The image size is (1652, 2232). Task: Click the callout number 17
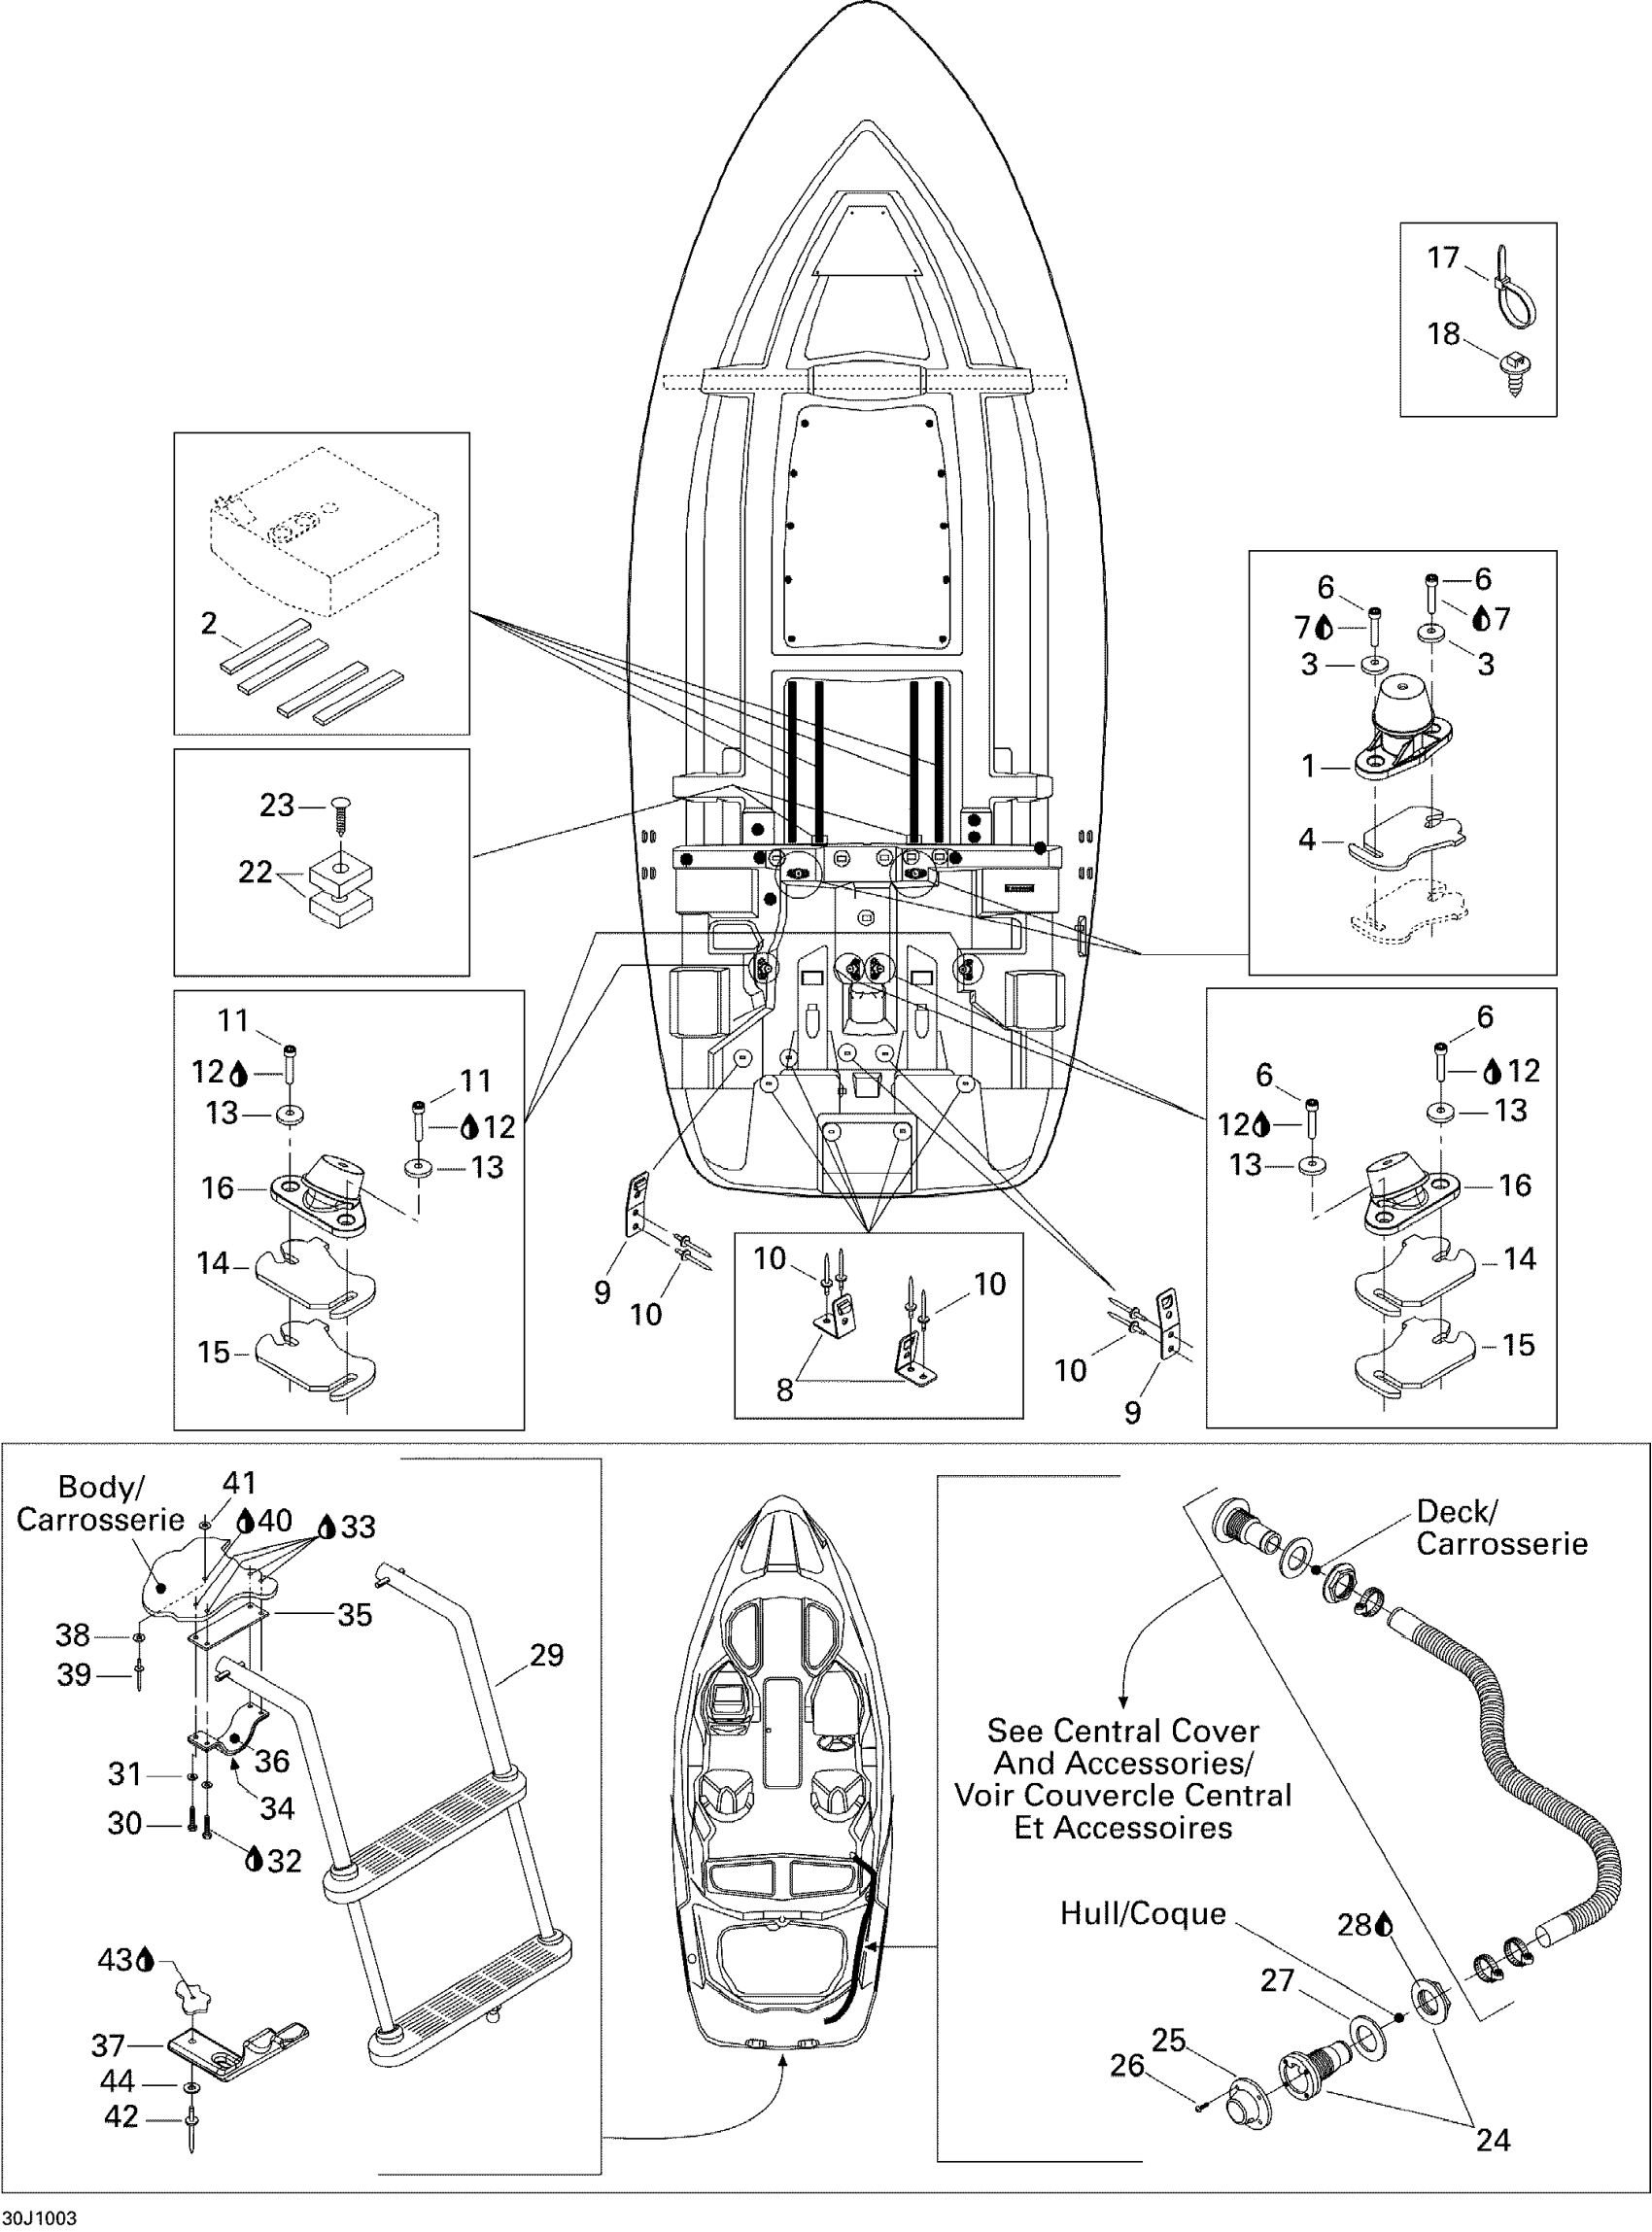coord(1443,258)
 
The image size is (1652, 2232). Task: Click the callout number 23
coord(277,805)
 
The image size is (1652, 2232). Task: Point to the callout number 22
coord(255,872)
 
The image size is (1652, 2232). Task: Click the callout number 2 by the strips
coord(208,623)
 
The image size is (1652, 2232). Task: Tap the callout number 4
coord(1307,839)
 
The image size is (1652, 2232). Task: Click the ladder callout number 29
coord(546,1655)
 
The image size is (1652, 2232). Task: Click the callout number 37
coord(108,2045)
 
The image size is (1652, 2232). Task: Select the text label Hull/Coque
coord(1142,1913)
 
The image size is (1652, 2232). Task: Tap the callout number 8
coord(785,1390)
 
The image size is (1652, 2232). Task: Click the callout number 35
coord(354,1615)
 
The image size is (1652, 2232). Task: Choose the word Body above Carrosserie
coord(95,1487)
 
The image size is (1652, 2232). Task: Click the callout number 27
coord(1277,1980)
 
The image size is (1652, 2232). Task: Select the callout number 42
coord(121,2117)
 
